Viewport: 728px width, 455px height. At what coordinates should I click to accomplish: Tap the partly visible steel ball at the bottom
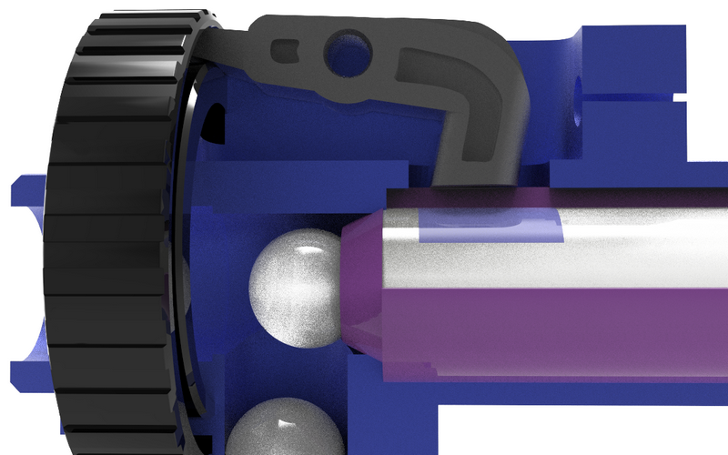285,428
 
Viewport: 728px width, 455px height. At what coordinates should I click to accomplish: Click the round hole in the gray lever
349,47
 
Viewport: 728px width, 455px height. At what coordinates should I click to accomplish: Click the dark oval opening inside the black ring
211,123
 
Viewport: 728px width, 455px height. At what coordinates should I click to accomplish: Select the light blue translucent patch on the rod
491,223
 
